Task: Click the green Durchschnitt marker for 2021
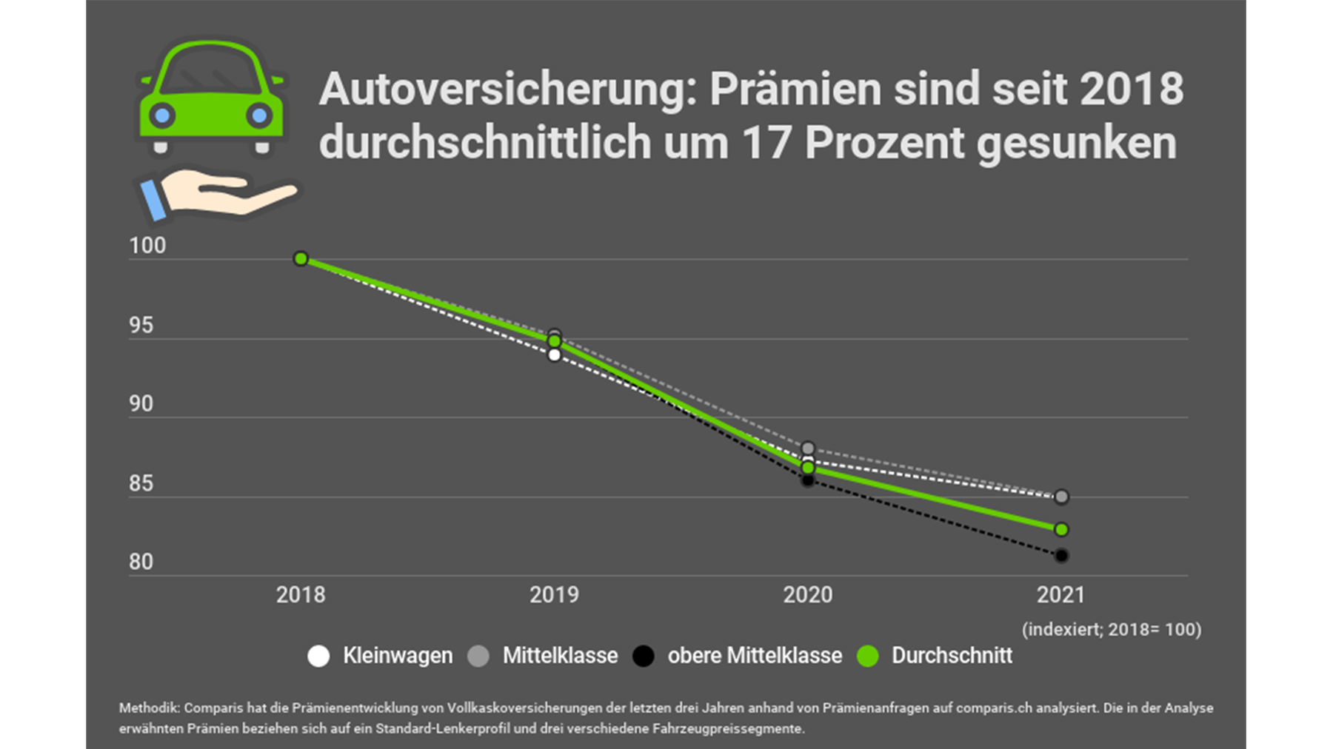click(1061, 530)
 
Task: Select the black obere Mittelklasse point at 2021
click(1061, 555)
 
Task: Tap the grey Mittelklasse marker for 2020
click(808, 449)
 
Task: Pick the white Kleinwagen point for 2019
click(554, 355)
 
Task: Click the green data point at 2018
click(301, 258)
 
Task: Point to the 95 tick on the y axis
click(141, 326)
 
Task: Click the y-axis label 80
click(141, 562)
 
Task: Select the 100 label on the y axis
click(147, 246)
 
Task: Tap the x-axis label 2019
click(554, 595)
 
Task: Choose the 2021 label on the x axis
click(1060, 595)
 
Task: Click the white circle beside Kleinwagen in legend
click(318, 656)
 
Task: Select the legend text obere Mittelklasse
click(755, 656)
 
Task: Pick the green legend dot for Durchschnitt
click(867, 656)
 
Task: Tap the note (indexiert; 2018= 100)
click(1112, 630)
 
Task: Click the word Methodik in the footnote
click(149, 708)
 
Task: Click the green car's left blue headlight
click(163, 115)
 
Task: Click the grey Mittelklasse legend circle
click(478, 656)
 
